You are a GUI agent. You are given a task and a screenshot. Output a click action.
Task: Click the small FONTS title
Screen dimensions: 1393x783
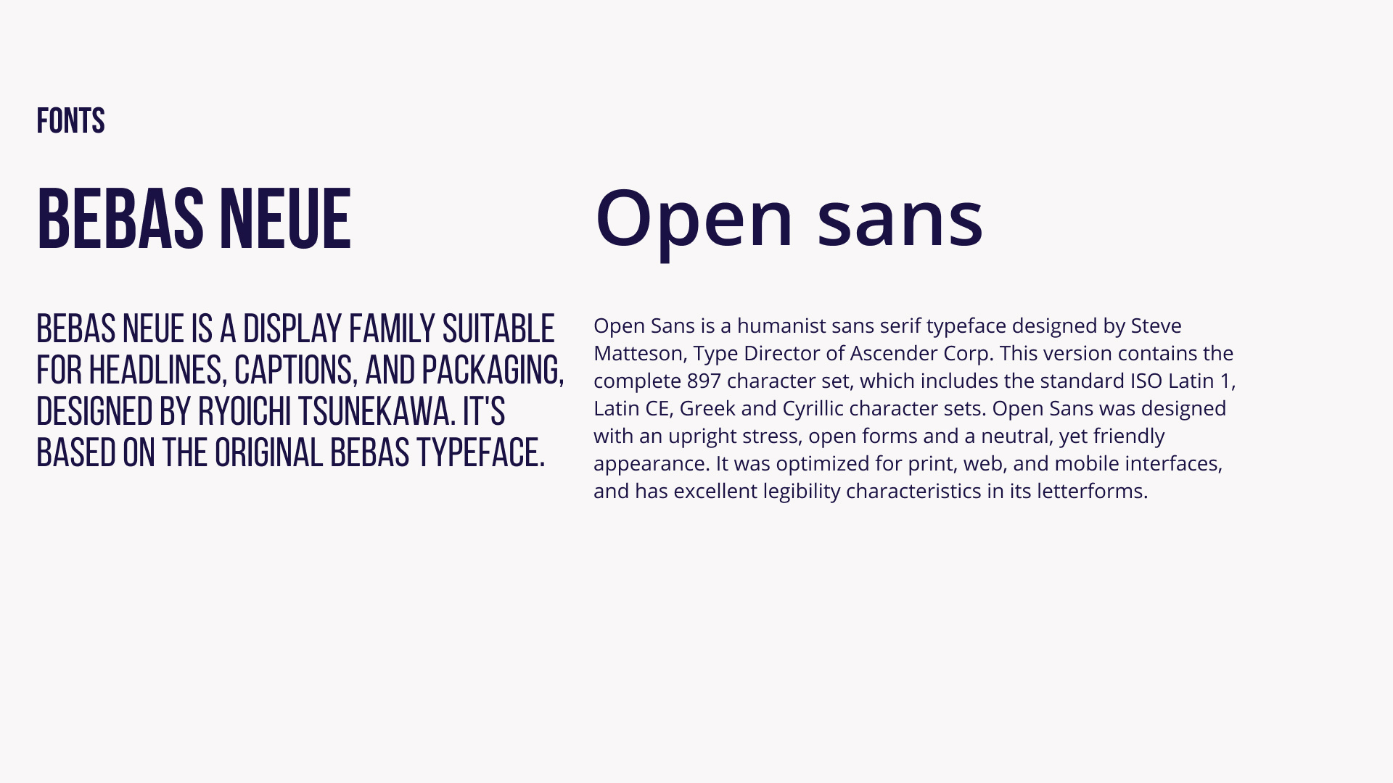(70, 121)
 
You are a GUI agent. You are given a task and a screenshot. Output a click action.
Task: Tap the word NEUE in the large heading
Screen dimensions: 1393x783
(285, 219)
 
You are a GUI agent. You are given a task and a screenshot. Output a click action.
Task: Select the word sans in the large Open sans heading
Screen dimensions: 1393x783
(900, 218)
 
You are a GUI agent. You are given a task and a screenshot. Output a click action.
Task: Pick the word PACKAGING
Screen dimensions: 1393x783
(493, 370)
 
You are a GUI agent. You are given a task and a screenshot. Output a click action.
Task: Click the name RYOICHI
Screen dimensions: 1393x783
(245, 412)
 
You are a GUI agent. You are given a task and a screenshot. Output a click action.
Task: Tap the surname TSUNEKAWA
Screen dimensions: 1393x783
(377, 412)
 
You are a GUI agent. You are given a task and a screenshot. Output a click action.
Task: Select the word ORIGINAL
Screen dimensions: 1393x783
(268, 453)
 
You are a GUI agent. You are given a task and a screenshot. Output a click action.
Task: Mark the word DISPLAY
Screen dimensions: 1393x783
(292, 329)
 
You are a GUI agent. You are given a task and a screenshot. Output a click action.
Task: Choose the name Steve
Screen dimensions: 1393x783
(1156, 326)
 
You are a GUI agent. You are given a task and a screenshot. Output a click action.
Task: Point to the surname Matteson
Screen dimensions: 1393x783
(640, 354)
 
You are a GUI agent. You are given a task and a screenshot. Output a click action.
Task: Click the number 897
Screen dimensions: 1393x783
(704, 381)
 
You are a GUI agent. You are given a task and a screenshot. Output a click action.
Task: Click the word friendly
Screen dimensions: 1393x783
(1129, 436)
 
